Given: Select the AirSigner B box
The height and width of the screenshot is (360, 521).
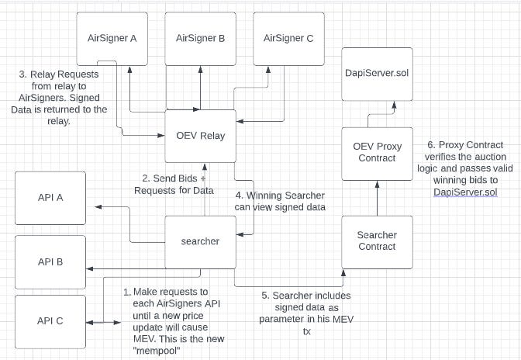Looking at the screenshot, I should tap(200, 37).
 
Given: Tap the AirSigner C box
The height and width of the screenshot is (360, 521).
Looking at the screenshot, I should tap(288, 37).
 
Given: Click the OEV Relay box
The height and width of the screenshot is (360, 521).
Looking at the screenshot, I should tap(200, 136).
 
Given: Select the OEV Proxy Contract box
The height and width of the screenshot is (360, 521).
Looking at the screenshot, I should tap(376, 152).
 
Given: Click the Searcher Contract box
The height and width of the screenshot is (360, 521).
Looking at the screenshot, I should tap(376, 241).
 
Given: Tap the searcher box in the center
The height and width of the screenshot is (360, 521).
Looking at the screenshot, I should tap(200, 241).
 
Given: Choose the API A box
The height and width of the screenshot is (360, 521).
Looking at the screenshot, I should tap(50, 198).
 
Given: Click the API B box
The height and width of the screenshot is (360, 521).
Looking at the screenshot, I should tap(50, 261).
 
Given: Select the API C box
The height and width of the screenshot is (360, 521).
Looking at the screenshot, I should tap(50, 320).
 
